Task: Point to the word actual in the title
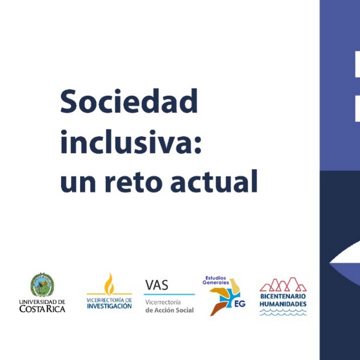coord(214,181)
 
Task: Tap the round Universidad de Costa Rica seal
coord(42,285)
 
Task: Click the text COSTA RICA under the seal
coord(42,309)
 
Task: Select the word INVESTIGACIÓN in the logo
coord(109,306)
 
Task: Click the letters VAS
coord(156,285)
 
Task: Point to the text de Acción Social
coord(170,310)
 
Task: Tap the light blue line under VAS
coord(169,294)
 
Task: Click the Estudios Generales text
coord(216,280)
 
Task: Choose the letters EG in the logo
coord(240,304)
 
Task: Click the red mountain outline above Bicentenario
coord(283,284)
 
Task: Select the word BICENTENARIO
coord(283,296)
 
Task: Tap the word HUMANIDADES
coord(283,304)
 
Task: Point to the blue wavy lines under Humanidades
coord(283,312)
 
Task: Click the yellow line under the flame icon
coord(109,294)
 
